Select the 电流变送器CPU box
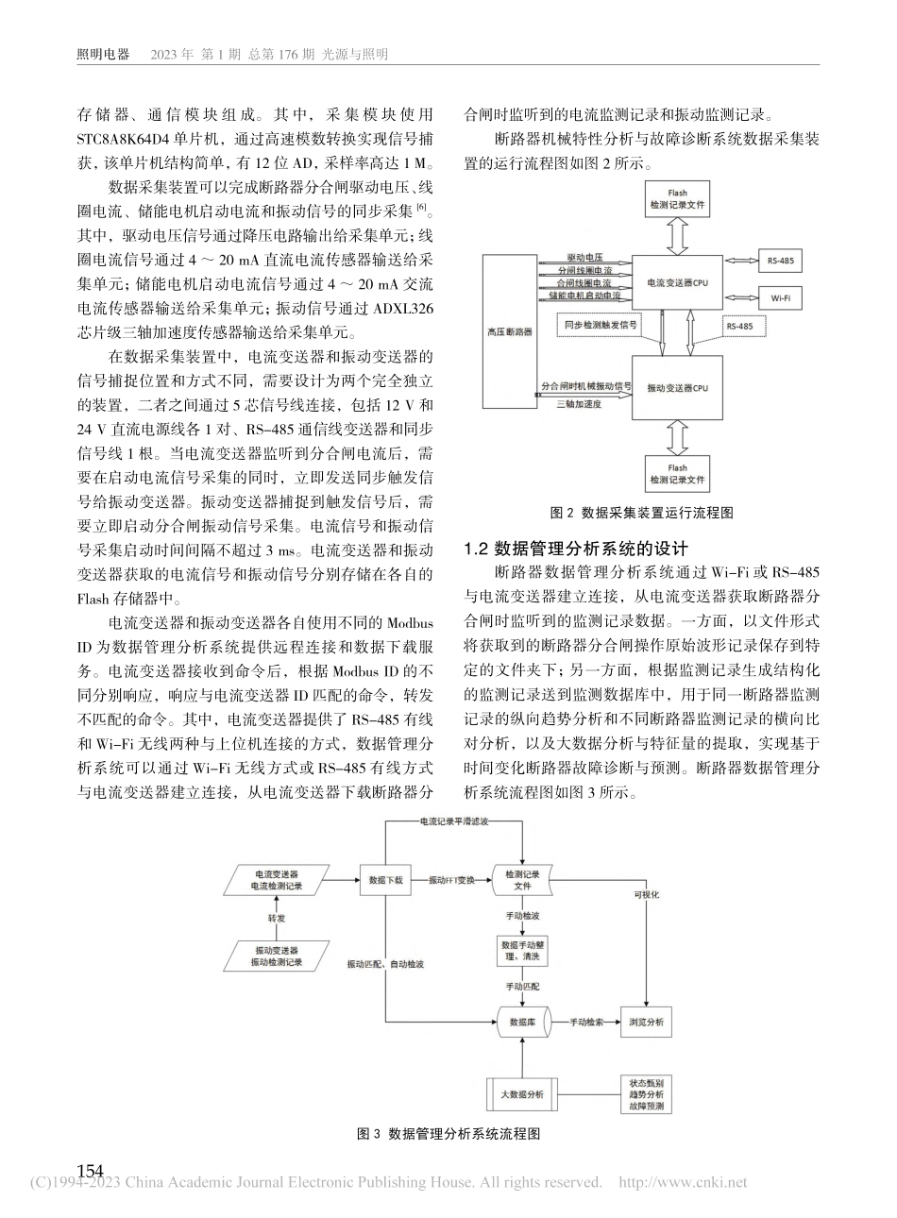tap(675, 281)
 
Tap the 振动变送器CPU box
tap(675, 387)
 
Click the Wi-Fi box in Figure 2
tap(781, 296)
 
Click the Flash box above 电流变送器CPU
tap(676, 198)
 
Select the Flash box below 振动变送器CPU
tap(676, 473)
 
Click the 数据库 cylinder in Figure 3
tap(524, 1022)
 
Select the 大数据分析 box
tap(522, 1093)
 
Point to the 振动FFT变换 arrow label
tap(452, 878)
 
